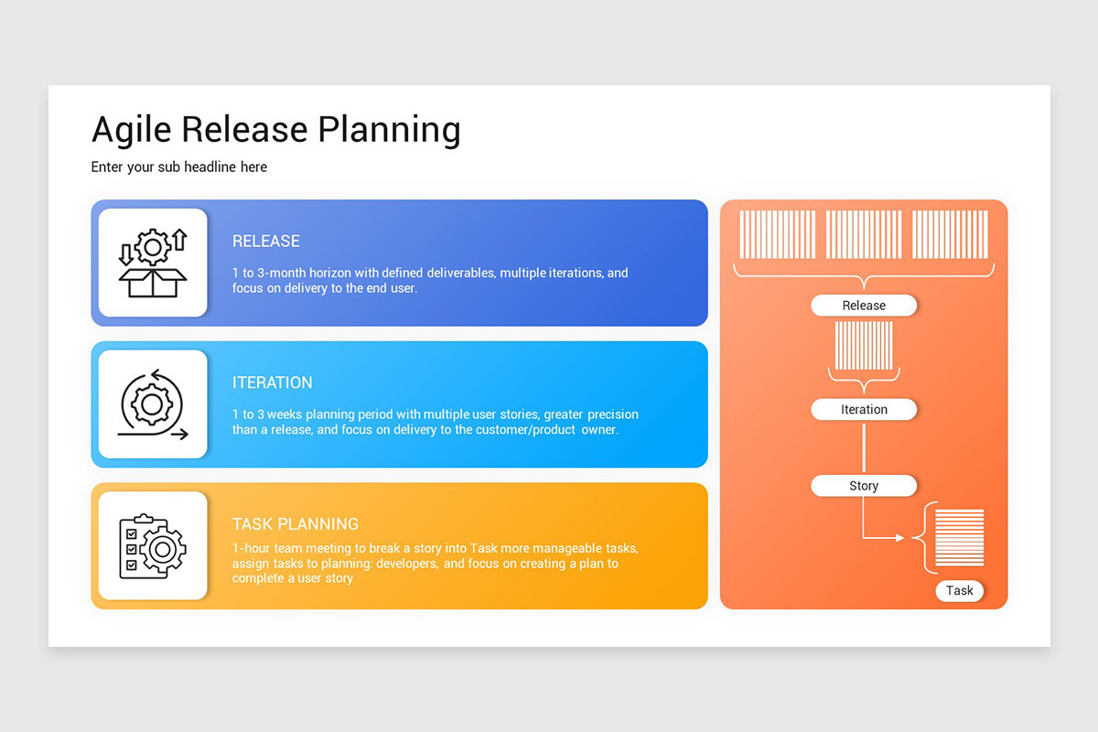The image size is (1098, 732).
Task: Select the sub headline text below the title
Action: tap(179, 167)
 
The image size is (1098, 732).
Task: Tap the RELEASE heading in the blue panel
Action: tap(266, 242)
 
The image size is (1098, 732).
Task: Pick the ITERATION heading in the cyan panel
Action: tap(273, 382)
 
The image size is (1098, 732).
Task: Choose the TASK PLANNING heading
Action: tap(296, 524)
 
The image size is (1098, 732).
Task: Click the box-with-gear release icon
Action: tap(153, 264)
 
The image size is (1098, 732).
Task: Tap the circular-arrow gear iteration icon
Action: tap(153, 404)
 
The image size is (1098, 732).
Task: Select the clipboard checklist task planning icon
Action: tap(153, 546)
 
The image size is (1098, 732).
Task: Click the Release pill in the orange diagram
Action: tap(864, 306)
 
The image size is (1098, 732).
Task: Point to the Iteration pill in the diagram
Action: tap(864, 410)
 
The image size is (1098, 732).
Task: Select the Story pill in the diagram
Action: tap(864, 486)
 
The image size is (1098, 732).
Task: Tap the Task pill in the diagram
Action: tap(960, 591)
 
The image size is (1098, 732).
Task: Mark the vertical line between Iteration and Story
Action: tap(864, 447)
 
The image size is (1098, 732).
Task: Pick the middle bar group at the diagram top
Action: tap(864, 235)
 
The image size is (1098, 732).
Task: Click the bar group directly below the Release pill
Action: tap(864, 345)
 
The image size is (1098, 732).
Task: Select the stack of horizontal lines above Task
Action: tap(960, 538)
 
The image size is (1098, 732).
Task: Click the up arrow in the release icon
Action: tap(179, 240)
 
